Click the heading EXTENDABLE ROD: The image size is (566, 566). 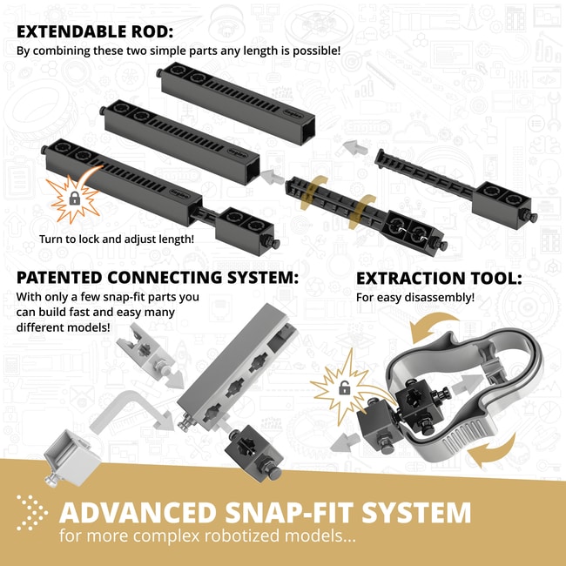point(95,31)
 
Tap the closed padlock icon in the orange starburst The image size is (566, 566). point(75,199)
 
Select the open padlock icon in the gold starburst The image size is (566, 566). point(344,388)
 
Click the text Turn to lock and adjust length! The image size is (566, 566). point(117,239)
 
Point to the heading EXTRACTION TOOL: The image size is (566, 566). point(439,279)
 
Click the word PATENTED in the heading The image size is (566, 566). point(59,278)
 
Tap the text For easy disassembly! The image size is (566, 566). point(415,298)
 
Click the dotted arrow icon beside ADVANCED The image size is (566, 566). point(31,513)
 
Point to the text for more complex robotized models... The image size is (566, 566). point(207,536)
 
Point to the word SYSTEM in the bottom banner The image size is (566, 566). point(416,512)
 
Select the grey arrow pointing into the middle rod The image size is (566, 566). point(273,177)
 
